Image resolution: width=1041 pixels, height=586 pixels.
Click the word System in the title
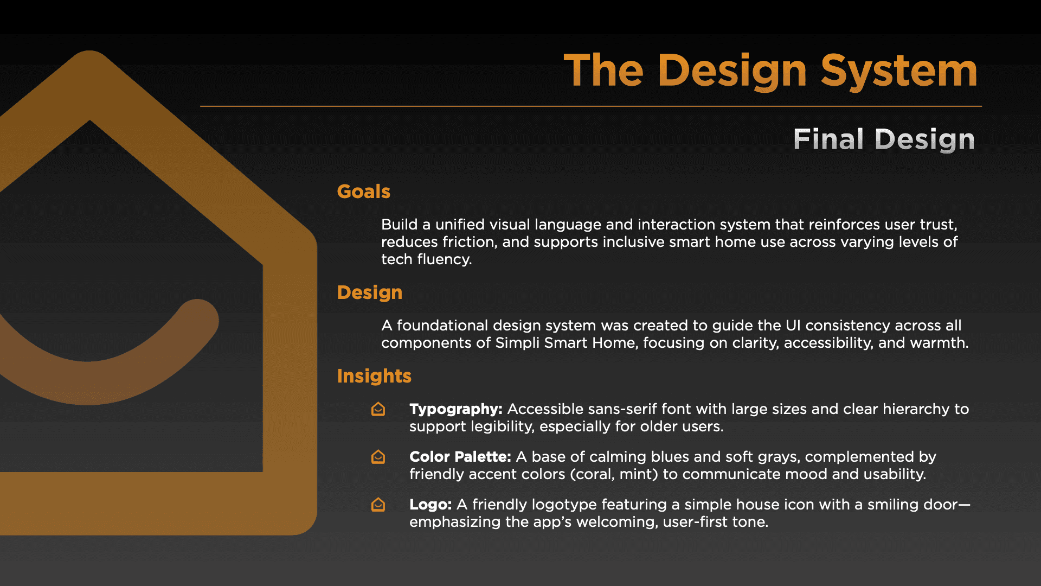click(x=899, y=71)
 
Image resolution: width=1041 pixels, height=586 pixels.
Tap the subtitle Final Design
click(x=884, y=139)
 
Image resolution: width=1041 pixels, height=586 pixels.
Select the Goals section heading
click(x=363, y=192)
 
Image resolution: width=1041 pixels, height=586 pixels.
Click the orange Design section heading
click(x=370, y=293)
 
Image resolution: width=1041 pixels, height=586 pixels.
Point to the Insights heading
click(x=374, y=376)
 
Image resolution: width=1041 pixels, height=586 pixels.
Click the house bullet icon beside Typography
click(x=378, y=409)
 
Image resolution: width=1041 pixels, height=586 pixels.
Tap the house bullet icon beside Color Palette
click(x=378, y=457)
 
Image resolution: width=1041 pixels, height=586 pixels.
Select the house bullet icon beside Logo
click(x=378, y=505)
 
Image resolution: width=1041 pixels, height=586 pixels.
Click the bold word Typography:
click(x=456, y=410)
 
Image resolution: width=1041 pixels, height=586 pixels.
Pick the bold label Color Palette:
click(x=460, y=457)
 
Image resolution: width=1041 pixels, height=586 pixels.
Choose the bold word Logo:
click(x=430, y=505)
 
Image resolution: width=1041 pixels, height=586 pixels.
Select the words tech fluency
click(x=427, y=260)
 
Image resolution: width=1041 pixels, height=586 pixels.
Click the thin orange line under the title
click(x=591, y=106)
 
